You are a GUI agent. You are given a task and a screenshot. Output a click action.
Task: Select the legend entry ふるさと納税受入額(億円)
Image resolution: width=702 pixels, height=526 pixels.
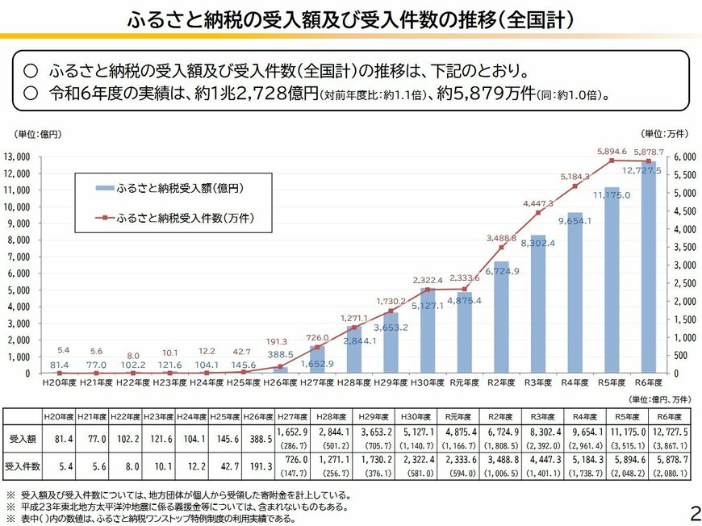click(x=180, y=187)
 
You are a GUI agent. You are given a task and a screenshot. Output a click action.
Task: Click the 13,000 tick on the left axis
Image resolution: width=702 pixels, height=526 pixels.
click(x=18, y=157)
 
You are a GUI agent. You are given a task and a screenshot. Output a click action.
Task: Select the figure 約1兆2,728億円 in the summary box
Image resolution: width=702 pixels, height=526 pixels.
click(x=256, y=94)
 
